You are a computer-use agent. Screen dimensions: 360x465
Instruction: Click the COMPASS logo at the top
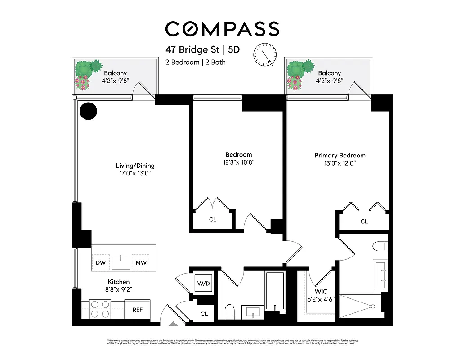coord(222,29)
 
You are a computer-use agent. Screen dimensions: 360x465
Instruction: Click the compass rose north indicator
coord(265,54)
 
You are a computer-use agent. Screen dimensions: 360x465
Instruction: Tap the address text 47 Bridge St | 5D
coord(202,49)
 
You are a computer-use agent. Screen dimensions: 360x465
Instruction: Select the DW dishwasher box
coord(100,263)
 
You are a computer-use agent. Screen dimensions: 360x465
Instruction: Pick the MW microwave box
coord(141,263)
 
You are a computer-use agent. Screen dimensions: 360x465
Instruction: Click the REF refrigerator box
coord(137,310)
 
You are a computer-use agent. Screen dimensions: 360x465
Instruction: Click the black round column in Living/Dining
coord(88,111)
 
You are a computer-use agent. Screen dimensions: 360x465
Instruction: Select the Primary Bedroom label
coord(340,156)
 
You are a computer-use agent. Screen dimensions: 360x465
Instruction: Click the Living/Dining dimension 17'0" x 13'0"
coord(135,173)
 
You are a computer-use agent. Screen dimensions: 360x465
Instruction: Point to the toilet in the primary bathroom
coord(380,247)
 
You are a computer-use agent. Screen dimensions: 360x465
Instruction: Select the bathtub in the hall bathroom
coord(274,290)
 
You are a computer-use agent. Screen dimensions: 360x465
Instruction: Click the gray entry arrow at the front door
coord(173,324)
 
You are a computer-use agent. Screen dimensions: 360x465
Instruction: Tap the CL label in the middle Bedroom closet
coord(213,220)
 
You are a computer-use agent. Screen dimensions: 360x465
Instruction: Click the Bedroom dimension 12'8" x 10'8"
coord(239,162)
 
